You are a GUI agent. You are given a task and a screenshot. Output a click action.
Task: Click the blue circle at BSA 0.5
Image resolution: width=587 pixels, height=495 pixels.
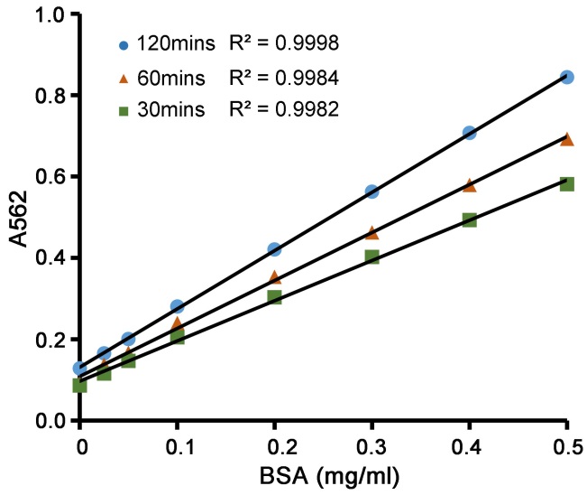[566, 78]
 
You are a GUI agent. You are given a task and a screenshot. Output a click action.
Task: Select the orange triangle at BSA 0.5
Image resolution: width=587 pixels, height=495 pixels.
[566, 139]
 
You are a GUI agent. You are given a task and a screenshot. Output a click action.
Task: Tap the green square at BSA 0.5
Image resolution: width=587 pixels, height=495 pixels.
[566, 183]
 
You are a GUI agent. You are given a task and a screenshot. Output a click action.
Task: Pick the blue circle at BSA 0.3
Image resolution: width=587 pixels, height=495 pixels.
[371, 191]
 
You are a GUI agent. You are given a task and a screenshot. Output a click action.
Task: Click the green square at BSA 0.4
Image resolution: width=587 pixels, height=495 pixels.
[469, 219]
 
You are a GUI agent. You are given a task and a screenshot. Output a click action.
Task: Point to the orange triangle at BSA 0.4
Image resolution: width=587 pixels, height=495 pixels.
[469, 185]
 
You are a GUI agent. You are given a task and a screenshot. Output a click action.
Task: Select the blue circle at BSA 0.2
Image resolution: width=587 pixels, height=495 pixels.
[274, 249]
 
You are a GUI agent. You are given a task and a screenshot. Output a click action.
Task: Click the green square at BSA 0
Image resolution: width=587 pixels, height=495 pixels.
[79, 386]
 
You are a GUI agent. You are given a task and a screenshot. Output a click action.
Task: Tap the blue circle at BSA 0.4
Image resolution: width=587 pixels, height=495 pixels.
[469, 133]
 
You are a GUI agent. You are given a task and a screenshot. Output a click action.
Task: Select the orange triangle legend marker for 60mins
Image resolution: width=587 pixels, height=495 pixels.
[124, 77]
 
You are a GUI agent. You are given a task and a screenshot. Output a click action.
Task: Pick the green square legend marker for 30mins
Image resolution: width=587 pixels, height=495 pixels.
[124, 109]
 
